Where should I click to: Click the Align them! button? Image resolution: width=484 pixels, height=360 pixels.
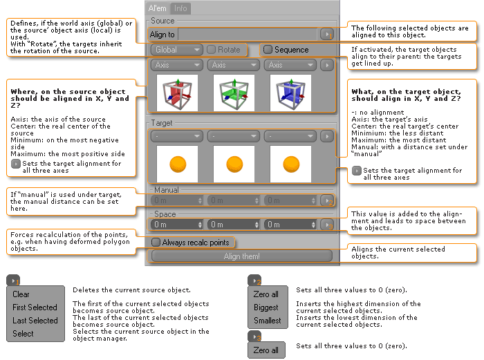(x=241, y=256)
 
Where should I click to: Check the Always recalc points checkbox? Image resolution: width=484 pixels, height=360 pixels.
(x=156, y=243)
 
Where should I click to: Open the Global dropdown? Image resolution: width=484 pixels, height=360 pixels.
(x=176, y=50)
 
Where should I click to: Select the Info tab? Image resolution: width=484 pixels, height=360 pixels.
(x=180, y=8)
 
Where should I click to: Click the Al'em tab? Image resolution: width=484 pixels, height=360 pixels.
(x=158, y=8)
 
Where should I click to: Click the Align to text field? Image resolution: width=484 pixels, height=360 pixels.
(x=248, y=34)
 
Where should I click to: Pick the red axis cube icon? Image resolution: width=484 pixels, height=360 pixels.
(x=176, y=94)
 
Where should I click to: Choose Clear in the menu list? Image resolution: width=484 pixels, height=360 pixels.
(x=21, y=294)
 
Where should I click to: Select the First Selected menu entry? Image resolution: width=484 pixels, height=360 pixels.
(x=35, y=307)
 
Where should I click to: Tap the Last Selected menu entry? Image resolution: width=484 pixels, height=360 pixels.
(x=35, y=321)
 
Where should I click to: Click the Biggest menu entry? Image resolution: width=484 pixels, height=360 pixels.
(x=266, y=307)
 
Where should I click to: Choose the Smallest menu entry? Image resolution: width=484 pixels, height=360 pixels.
(x=267, y=321)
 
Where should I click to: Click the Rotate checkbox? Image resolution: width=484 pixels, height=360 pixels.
(x=212, y=50)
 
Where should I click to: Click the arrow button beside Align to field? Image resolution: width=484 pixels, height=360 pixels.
(x=326, y=34)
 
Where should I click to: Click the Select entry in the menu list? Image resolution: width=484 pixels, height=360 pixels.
(x=23, y=334)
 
